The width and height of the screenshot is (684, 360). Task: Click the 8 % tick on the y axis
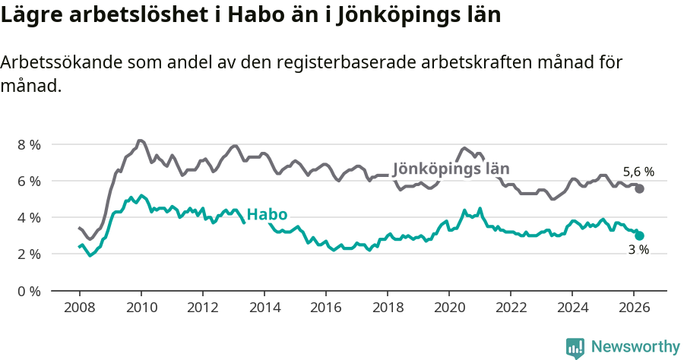pos(29,144)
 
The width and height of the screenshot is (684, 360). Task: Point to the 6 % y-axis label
pos(29,181)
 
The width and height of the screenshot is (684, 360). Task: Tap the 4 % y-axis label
pos(29,217)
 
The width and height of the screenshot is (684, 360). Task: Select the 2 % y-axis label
pos(29,254)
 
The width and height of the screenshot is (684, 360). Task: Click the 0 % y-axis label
pos(29,291)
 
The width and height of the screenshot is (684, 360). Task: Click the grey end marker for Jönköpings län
pos(639,188)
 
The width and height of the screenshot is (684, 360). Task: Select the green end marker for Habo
pos(639,235)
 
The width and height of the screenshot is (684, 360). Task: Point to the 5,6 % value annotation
pos(638,172)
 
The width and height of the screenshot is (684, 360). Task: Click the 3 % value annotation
pos(638,251)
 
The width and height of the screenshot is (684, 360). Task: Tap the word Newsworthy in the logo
pos(635,347)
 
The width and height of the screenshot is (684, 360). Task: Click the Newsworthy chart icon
pos(575,348)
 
